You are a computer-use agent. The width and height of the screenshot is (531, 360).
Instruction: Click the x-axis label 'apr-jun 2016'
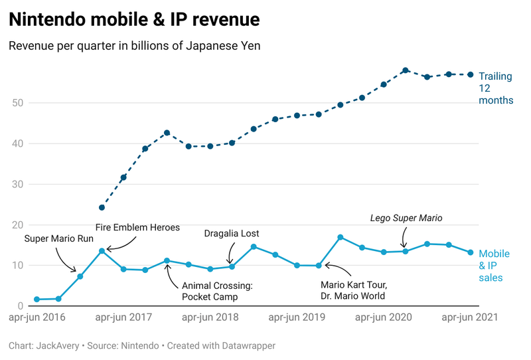[37, 317]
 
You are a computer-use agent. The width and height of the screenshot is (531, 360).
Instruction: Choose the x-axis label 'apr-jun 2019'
[297, 317]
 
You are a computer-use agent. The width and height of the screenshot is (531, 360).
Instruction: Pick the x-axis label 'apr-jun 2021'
[469, 317]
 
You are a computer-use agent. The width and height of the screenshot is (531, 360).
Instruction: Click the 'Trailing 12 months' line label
[496, 88]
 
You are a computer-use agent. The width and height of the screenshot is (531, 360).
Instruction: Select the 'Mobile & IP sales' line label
[494, 266]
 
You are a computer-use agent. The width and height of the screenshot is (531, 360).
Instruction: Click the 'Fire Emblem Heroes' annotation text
[137, 227]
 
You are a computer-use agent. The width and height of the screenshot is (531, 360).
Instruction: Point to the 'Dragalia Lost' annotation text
[232, 233]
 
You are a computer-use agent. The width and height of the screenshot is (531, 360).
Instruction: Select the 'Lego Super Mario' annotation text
[406, 218]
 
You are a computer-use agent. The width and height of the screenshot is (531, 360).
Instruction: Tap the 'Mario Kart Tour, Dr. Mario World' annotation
[352, 290]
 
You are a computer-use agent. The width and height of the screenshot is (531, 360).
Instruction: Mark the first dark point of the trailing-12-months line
[102, 207]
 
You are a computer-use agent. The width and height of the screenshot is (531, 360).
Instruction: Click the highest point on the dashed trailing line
[405, 70]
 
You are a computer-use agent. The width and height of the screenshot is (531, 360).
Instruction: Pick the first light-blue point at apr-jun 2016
[37, 300]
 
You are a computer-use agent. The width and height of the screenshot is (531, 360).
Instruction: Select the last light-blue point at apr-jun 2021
[471, 252]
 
